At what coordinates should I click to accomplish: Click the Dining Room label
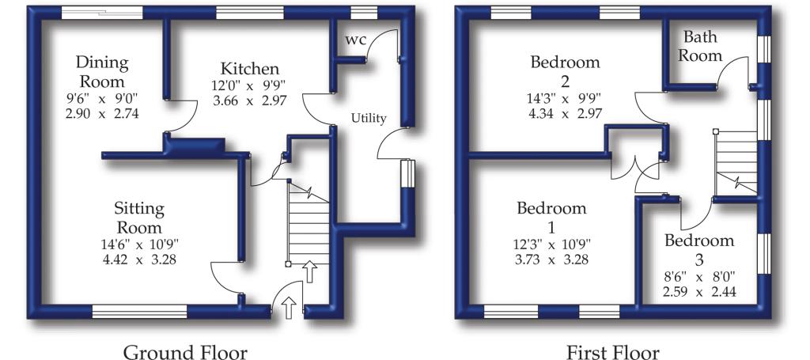coord(102,72)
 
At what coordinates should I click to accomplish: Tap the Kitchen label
coord(250,68)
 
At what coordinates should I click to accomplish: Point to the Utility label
coord(369,118)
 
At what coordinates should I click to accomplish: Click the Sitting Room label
coord(138,218)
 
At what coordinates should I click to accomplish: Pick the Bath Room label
coord(700,46)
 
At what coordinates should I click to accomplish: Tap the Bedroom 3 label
coord(699,249)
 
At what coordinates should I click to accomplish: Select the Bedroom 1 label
coord(551,218)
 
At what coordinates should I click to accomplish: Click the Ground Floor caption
coord(185,352)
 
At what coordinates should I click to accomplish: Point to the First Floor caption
coord(613,352)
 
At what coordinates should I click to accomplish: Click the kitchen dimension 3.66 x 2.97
coord(249,100)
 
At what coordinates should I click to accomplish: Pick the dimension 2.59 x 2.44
coord(699,292)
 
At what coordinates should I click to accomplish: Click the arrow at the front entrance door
coord(289,309)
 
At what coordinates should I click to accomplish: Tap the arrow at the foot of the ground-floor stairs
coord(309,271)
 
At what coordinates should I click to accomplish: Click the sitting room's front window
coord(139,311)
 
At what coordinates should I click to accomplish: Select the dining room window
coord(102,13)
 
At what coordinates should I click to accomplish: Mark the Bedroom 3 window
coord(764,254)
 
